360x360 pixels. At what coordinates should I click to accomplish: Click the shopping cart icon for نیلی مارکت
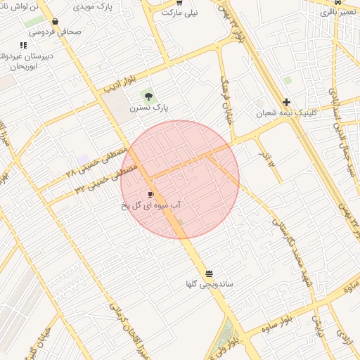(180, 3)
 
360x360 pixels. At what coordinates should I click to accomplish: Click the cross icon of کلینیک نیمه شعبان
(287, 101)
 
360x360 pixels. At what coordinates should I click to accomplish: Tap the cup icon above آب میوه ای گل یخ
(150, 194)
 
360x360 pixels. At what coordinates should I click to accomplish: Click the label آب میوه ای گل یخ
(150, 205)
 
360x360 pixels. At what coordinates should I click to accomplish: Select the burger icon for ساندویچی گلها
(209, 274)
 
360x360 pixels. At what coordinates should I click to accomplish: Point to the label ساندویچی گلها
(209, 285)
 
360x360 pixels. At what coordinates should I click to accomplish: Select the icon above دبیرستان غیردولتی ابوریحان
(24, 45)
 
